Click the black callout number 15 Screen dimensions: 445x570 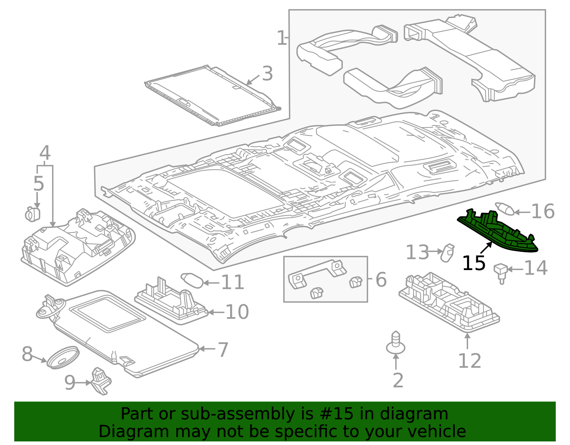point(473,264)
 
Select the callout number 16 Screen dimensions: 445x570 point(543,212)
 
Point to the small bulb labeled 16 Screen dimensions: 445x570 point(505,208)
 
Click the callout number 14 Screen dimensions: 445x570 point(535,268)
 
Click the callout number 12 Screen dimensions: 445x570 point(469,361)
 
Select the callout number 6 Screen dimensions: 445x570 point(381,280)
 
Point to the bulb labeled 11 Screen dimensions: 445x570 point(192,280)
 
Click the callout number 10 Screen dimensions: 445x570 point(237,312)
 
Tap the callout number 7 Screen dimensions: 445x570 point(223,350)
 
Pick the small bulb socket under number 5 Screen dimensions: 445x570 point(33,214)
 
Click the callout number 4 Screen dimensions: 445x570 point(45,153)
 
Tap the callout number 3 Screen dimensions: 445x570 point(267,74)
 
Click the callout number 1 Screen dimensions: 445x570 point(281,38)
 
